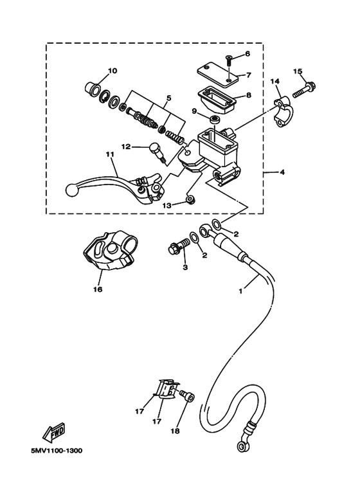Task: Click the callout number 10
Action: (x=113, y=70)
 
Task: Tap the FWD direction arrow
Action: (x=54, y=431)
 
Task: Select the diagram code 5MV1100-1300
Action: (x=57, y=451)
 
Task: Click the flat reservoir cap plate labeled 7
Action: (x=217, y=74)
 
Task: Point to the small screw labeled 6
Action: (x=229, y=60)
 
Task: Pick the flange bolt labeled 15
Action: (x=304, y=90)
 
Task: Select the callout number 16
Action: (x=98, y=289)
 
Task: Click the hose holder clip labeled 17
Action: (x=166, y=388)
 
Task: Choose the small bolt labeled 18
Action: (x=187, y=396)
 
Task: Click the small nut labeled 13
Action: (x=190, y=201)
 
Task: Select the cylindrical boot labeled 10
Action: (x=93, y=88)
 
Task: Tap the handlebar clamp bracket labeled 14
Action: (x=283, y=113)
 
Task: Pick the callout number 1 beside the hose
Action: (x=240, y=291)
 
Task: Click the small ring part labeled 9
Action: (x=215, y=120)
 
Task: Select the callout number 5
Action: (x=168, y=98)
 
